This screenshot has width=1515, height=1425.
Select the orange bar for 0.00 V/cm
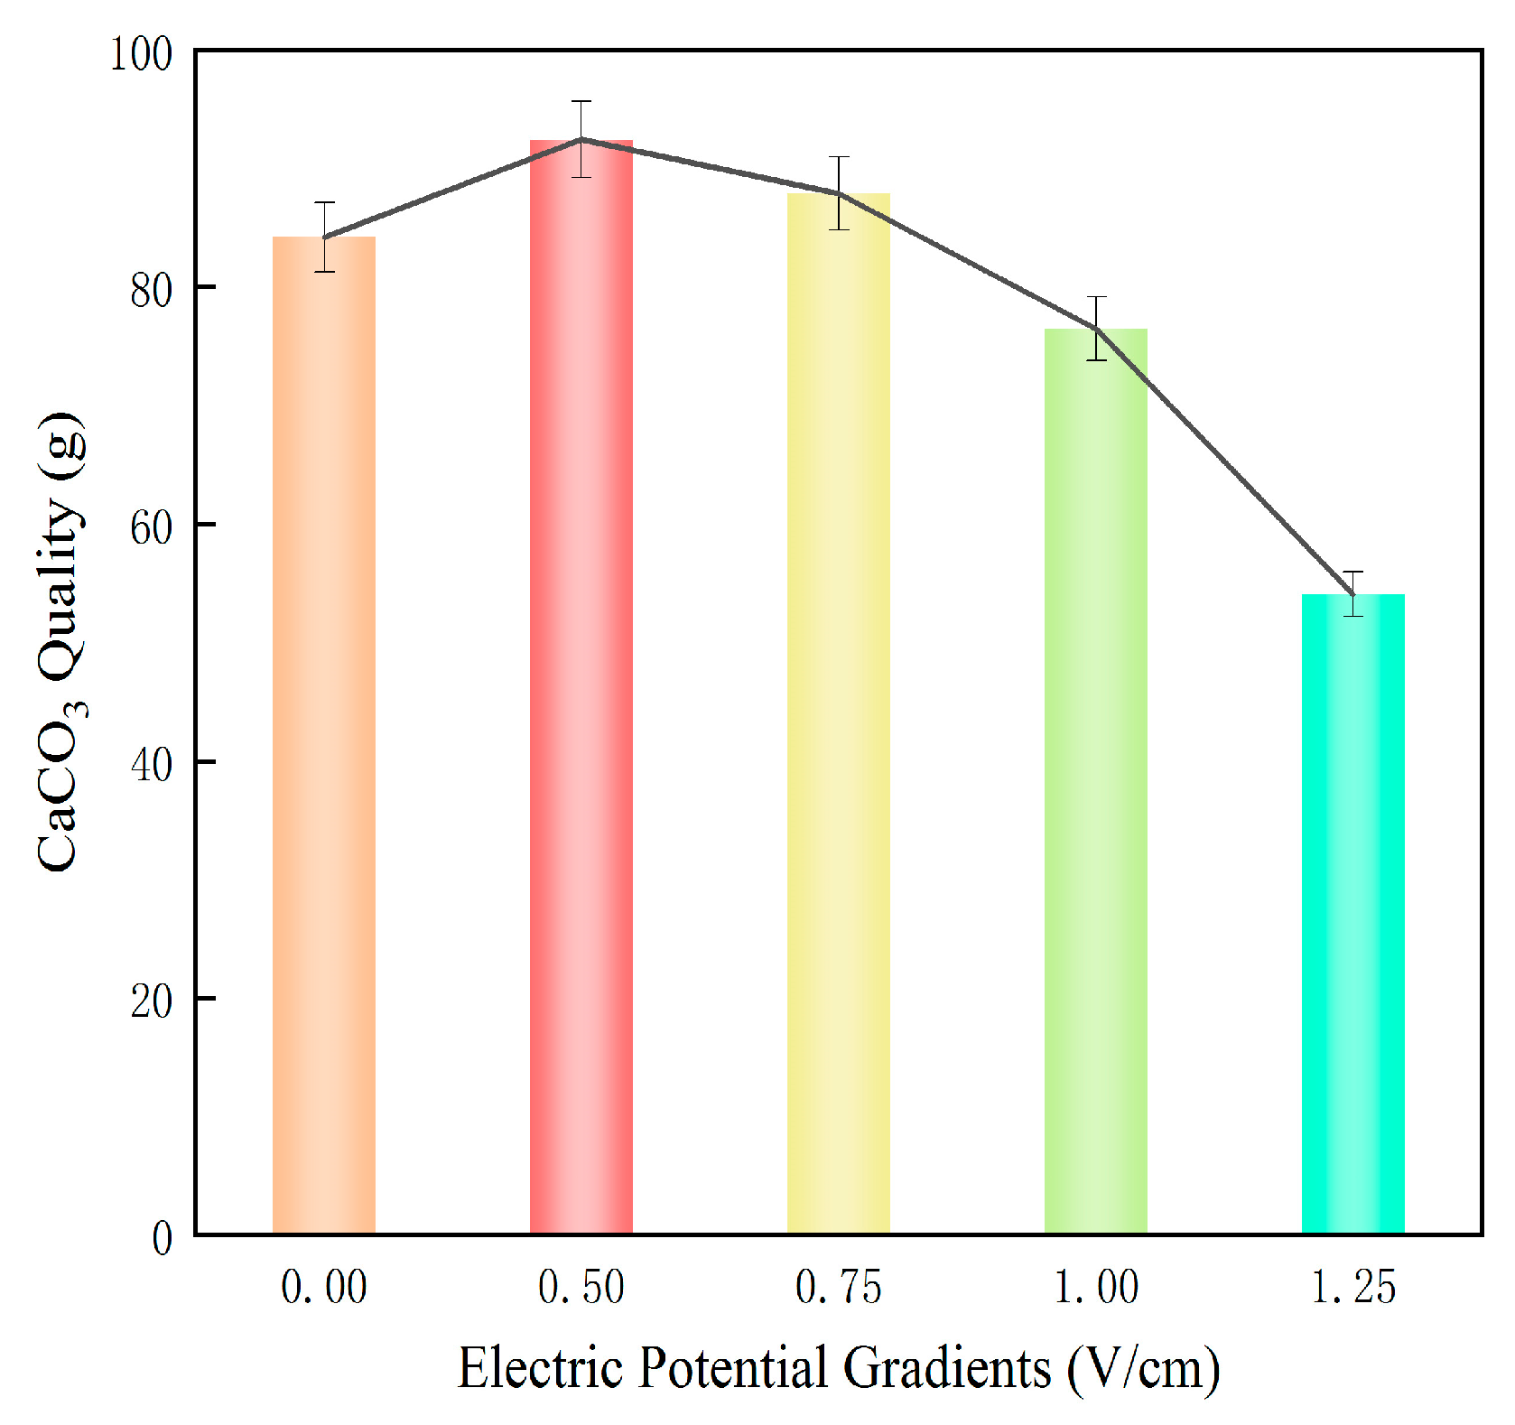pos(323,736)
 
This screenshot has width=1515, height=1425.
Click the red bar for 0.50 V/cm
pos(581,686)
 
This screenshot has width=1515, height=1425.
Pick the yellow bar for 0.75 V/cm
pos(838,713)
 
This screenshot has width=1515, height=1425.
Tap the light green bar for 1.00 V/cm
pos(1095,781)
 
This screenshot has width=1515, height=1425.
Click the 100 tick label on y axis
pos(140,54)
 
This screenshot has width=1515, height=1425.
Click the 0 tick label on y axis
pos(162,1238)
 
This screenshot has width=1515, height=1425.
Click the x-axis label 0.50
pos(581,1288)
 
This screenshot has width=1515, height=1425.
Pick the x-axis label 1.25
pos(1352,1288)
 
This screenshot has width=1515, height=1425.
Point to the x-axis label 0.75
pos(838,1288)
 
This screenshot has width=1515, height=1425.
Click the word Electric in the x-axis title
pos(541,1367)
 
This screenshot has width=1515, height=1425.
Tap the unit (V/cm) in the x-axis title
pos(1143,1369)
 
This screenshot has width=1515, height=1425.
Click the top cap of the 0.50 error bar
pos(581,101)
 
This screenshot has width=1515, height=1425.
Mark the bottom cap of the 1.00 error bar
pos(1096,360)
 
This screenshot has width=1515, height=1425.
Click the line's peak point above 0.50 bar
pos(581,139)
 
